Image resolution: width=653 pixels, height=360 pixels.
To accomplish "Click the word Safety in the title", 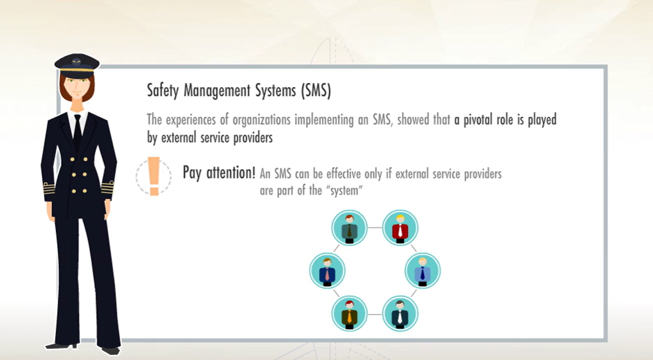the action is pyautogui.click(x=163, y=91).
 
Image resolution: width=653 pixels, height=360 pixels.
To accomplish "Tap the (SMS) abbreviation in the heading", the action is pyautogui.click(x=316, y=91).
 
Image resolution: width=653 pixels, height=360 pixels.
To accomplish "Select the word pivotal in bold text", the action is pyautogui.click(x=475, y=120).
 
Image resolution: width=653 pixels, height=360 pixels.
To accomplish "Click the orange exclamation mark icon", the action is pyautogui.click(x=154, y=176).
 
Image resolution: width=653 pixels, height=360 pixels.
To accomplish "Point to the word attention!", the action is pyautogui.click(x=231, y=173).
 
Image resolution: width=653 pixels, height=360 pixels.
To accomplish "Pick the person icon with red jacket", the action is pyautogui.click(x=400, y=227).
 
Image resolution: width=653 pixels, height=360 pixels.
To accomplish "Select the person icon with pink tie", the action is pyautogui.click(x=327, y=271).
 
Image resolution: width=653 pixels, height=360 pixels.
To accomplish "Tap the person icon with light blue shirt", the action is pyautogui.click(x=423, y=271).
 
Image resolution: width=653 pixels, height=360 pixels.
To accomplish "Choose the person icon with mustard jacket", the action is pyautogui.click(x=349, y=314).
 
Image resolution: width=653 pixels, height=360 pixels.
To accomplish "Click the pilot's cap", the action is pyautogui.click(x=77, y=65).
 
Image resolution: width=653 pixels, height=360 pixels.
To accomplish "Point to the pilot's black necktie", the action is pyautogui.click(x=77, y=132).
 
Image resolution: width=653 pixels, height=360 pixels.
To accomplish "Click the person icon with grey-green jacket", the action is pyautogui.click(x=349, y=227).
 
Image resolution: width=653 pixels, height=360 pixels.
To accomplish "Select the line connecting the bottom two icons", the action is pyautogui.click(x=374, y=314).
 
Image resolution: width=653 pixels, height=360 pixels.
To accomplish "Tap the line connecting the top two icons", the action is pyautogui.click(x=374, y=227).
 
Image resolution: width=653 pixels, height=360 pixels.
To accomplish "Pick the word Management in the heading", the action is pyautogui.click(x=217, y=91).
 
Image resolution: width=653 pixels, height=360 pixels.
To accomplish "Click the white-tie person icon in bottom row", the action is pyautogui.click(x=400, y=314).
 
